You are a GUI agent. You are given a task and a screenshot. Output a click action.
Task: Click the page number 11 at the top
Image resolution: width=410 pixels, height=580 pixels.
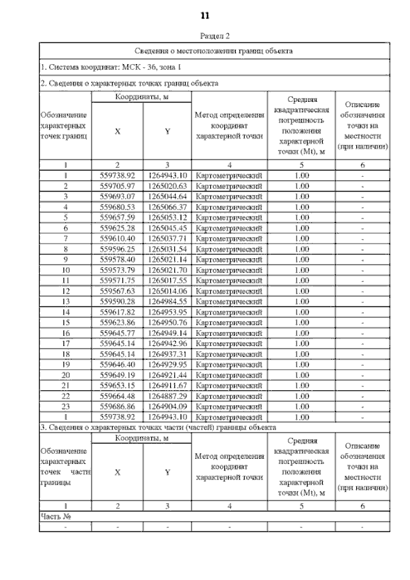click(205, 15)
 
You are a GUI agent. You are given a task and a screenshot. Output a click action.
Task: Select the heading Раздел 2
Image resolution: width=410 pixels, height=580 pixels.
click(215, 37)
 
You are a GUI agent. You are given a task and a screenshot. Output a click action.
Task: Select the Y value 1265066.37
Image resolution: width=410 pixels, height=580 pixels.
click(167, 207)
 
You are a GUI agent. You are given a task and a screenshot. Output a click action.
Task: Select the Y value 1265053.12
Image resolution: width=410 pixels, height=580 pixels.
click(167, 217)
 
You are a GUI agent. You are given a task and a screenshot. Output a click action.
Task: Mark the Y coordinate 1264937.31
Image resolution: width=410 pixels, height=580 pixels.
click(167, 354)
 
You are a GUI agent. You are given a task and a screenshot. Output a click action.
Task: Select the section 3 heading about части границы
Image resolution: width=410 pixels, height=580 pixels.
click(158, 427)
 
